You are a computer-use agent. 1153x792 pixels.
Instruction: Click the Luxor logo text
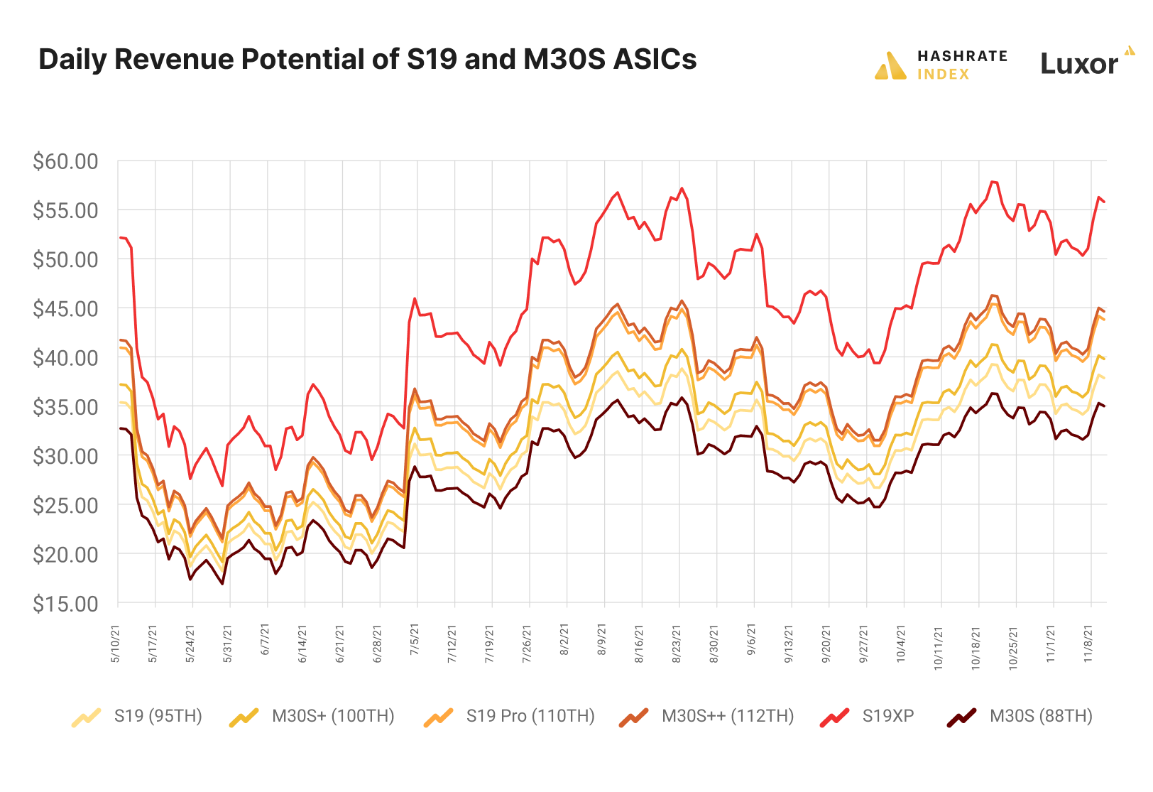[x=1078, y=64]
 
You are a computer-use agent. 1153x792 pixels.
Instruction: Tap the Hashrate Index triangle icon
[x=890, y=66]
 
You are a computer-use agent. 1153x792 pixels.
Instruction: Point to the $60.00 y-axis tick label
[x=65, y=161]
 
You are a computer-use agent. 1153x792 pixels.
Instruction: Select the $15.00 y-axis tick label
[x=65, y=604]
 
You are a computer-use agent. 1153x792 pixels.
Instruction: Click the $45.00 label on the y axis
[x=65, y=309]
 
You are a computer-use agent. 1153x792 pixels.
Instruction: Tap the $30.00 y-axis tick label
[x=65, y=456]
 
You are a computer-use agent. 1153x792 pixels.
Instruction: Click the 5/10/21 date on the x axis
[x=116, y=645]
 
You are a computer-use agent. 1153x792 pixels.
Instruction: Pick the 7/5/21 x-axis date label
[x=415, y=645]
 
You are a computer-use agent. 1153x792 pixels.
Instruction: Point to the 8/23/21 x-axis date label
[x=677, y=645]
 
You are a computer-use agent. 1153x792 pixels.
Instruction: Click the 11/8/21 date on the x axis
[x=1088, y=645]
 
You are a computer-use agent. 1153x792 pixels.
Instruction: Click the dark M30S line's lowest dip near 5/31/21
[x=222, y=584]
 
